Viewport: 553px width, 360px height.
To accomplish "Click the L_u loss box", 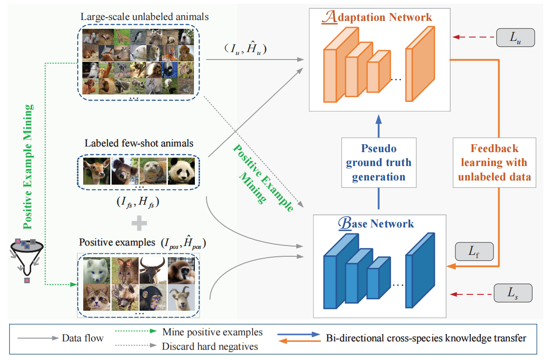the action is [x=515, y=37].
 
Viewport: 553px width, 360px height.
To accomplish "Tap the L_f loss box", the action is [x=474, y=252].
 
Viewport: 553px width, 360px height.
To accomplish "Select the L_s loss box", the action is [x=513, y=293].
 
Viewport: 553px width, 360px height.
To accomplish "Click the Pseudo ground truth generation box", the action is [x=379, y=162].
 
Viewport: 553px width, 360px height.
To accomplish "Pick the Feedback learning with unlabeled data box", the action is [x=494, y=162].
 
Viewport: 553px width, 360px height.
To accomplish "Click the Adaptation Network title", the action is [x=377, y=17].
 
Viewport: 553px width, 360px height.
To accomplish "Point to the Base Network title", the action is [x=376, y=223].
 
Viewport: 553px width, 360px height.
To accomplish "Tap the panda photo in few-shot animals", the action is [x=181, y=171].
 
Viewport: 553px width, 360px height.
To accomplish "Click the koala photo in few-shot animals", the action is [x=125, y=171].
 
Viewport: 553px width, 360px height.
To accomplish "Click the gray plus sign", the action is [x=139, y=223].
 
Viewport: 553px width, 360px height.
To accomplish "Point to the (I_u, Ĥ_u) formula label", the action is [x=246, y=48].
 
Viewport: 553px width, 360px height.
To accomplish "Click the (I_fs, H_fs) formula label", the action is [x=138, y=202].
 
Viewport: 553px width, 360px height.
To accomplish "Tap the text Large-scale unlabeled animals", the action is [x=145, y=17].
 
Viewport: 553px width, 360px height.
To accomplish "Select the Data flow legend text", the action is [x=83, y=338].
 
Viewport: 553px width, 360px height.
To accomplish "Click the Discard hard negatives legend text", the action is [x=210, y=346].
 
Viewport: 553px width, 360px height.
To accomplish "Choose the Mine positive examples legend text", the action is [x=213, y=332].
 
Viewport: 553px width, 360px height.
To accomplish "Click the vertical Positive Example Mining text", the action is [x=28, y=167].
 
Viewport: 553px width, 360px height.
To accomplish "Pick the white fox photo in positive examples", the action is [x=97, y=270].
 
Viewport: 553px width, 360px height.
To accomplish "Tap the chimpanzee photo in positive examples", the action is [x=153, y=298].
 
